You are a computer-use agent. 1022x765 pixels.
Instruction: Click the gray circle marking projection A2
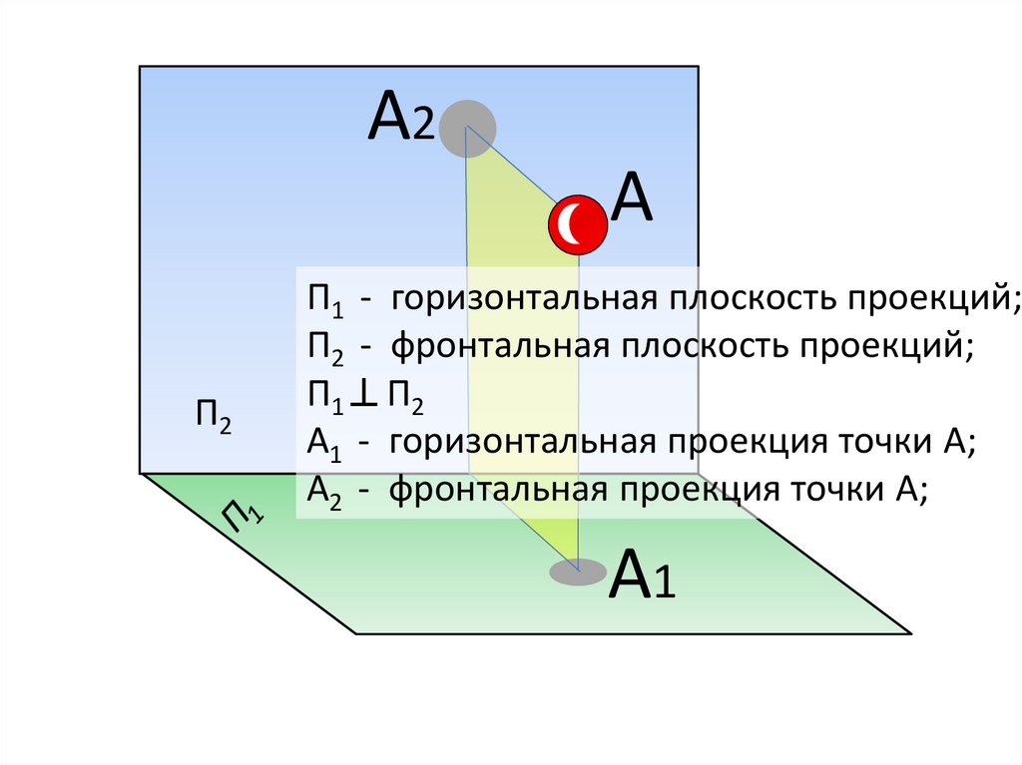[468, 129]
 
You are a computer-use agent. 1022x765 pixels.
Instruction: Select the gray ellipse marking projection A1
[578, 572]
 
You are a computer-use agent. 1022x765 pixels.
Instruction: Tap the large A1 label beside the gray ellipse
[643, 575]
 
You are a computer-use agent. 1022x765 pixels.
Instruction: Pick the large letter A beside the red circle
[632, 198]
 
